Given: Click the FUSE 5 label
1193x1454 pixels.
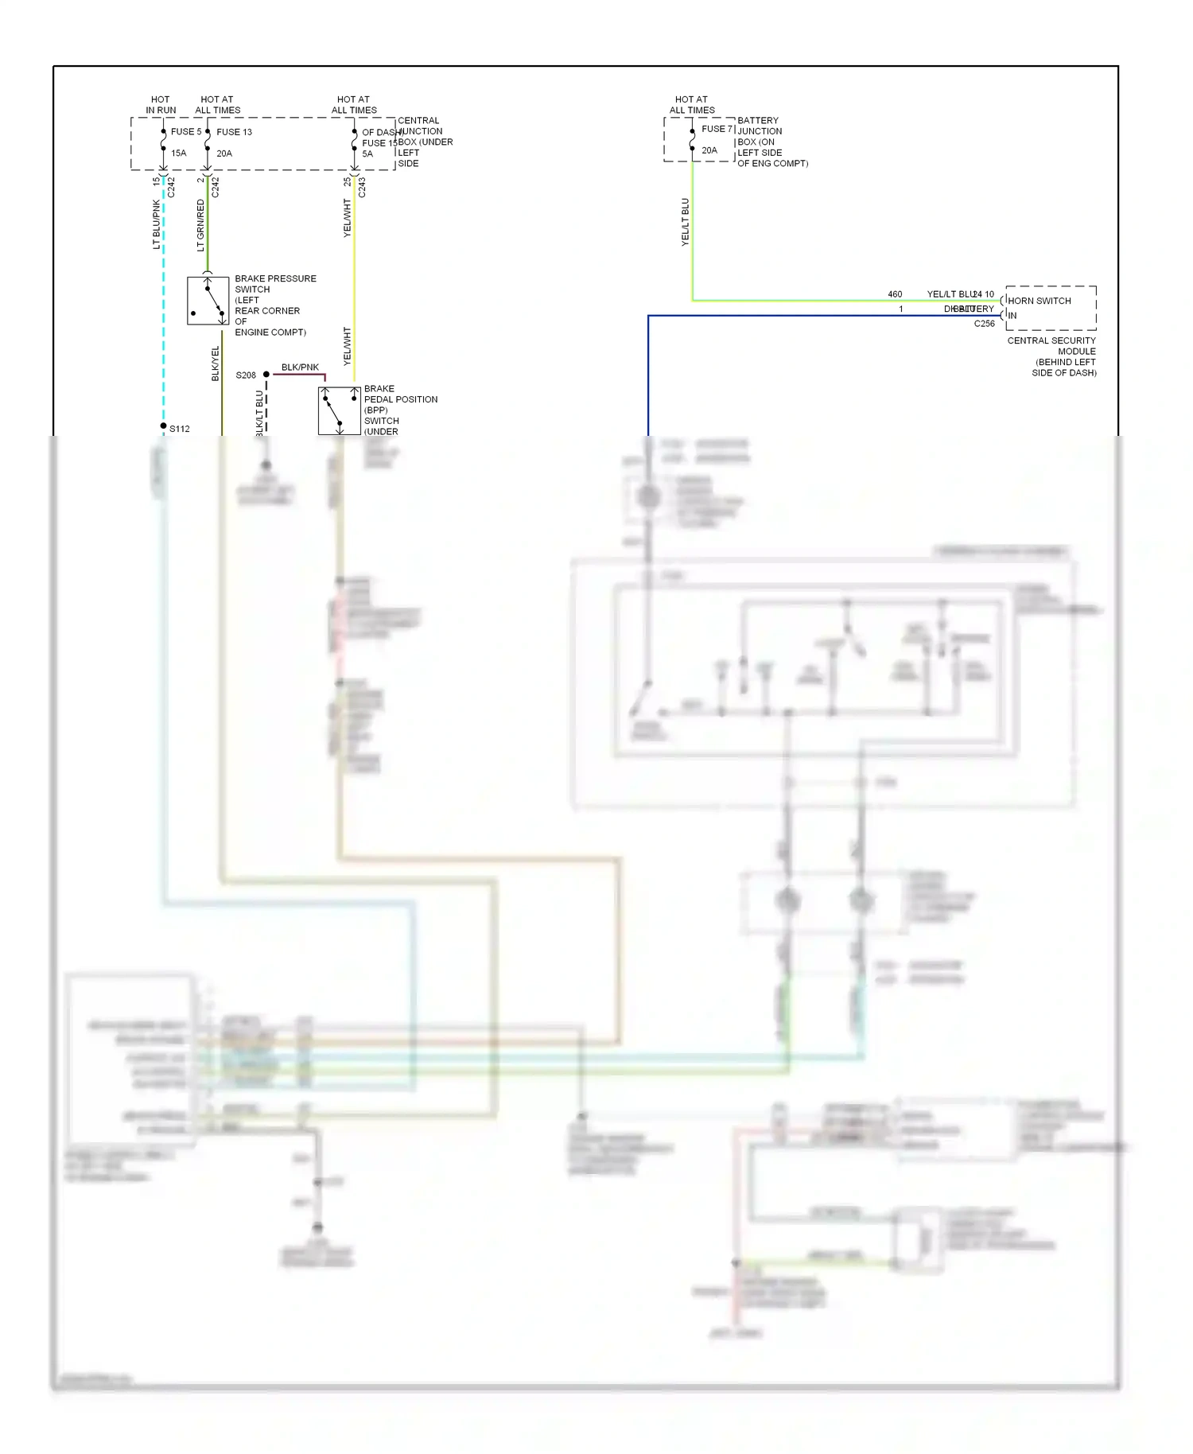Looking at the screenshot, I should (x=185, y=132).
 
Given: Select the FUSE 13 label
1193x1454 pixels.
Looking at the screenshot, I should (x=234, y=132).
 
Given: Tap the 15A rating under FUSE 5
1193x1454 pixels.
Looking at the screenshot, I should (x=179, y=154).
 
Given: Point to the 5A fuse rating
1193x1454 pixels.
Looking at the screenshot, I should (x=367, y=154).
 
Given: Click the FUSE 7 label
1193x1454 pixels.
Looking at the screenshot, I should (x=717, y=129).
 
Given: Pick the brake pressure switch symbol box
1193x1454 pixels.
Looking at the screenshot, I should (x=208, y=301).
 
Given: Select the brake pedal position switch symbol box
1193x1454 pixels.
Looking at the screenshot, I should (x=340, y=410).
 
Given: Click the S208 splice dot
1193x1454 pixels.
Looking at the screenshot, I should (x=266, y=375).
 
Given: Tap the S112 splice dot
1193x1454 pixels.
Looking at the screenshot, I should (x=164, y=426).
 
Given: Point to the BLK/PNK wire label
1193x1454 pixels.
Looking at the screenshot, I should (x=300, y=367).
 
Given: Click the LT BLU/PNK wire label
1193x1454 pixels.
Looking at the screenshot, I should (x=157, y=224).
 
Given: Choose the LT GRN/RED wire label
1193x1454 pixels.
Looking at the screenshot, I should (x=200, y=225).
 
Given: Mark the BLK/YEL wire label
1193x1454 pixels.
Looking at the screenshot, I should (x=216, y=363).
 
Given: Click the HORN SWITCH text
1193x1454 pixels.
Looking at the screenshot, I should (x=1039, y=301).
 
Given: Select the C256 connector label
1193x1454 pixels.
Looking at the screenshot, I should (x=984, y=324).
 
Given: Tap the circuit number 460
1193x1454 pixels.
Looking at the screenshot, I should (x=895, y=294).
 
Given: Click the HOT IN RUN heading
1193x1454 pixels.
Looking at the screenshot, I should (x=161, y=105).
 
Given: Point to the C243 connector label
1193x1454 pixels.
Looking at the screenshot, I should (x=362, y=188).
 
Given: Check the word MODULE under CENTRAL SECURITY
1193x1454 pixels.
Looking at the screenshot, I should (x=1076, y=352).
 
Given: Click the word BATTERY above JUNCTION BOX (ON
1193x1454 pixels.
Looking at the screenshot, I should (x=758, y=121).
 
